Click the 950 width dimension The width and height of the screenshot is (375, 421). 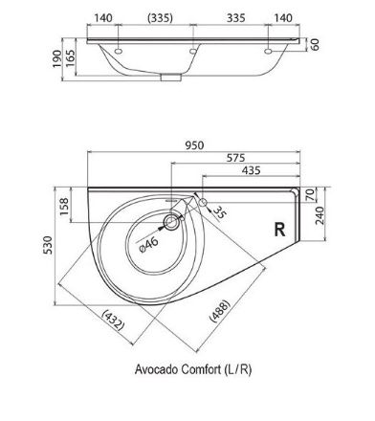click(x=194, y=145)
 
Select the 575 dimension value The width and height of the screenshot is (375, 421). click(x=236, y=158)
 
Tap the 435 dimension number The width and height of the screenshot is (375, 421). click(x=252, y=170)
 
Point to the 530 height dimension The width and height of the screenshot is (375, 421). click(x=48, y=245)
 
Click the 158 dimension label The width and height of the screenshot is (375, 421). click(x=64, y=207)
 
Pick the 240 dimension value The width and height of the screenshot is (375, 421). click(x=320, y=215)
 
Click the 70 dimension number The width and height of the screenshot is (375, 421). click(x=310, y=194)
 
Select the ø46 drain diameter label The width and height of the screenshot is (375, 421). click(x=149, y=245)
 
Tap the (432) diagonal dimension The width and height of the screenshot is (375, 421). click(x=113, y=321)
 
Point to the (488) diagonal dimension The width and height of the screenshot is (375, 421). click(x=219, y=310)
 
